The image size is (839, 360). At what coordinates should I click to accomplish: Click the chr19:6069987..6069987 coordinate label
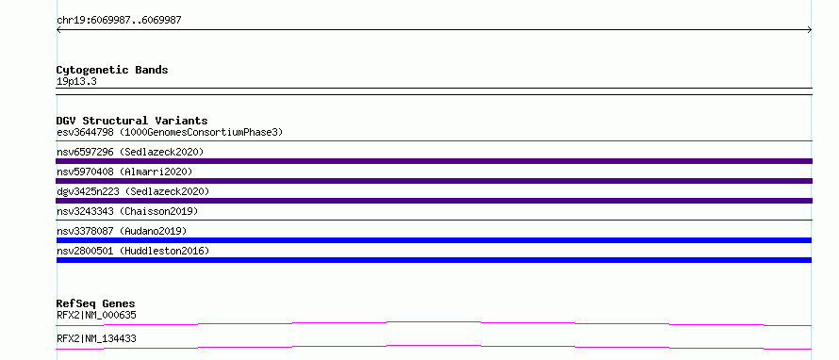pos(119,21)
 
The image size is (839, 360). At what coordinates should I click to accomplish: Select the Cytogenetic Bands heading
pos(112,70)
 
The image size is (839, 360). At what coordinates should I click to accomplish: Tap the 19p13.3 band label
pos(76,82)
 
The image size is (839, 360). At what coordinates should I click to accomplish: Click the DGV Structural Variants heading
pos(132,121)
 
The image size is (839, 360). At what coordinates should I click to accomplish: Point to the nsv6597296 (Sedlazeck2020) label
pos(130,152)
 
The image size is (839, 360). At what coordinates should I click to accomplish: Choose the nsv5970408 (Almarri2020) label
pos(124,172)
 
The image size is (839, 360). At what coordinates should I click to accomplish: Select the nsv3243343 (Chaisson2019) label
pos(127,211)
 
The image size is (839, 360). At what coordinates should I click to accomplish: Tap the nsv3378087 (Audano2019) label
pos(122,231)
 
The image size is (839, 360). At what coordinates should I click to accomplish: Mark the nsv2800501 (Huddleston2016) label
pos(133,251)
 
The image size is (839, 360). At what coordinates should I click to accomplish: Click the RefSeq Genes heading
pos(95,303)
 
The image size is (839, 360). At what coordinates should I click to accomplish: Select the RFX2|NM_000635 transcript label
pos(96,315)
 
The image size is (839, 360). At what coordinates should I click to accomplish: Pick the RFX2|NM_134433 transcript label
pos(96,338)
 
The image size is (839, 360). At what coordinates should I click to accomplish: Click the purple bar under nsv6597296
pos(434,161)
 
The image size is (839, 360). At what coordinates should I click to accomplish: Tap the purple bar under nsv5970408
pos(434,181)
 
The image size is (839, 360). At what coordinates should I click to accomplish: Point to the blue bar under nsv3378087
pos(434,240)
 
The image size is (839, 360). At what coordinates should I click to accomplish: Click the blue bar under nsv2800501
pos(434,260)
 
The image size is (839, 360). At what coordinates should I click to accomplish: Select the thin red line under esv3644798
pos(434,141)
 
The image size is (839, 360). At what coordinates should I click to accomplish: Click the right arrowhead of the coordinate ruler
pos(810,30)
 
